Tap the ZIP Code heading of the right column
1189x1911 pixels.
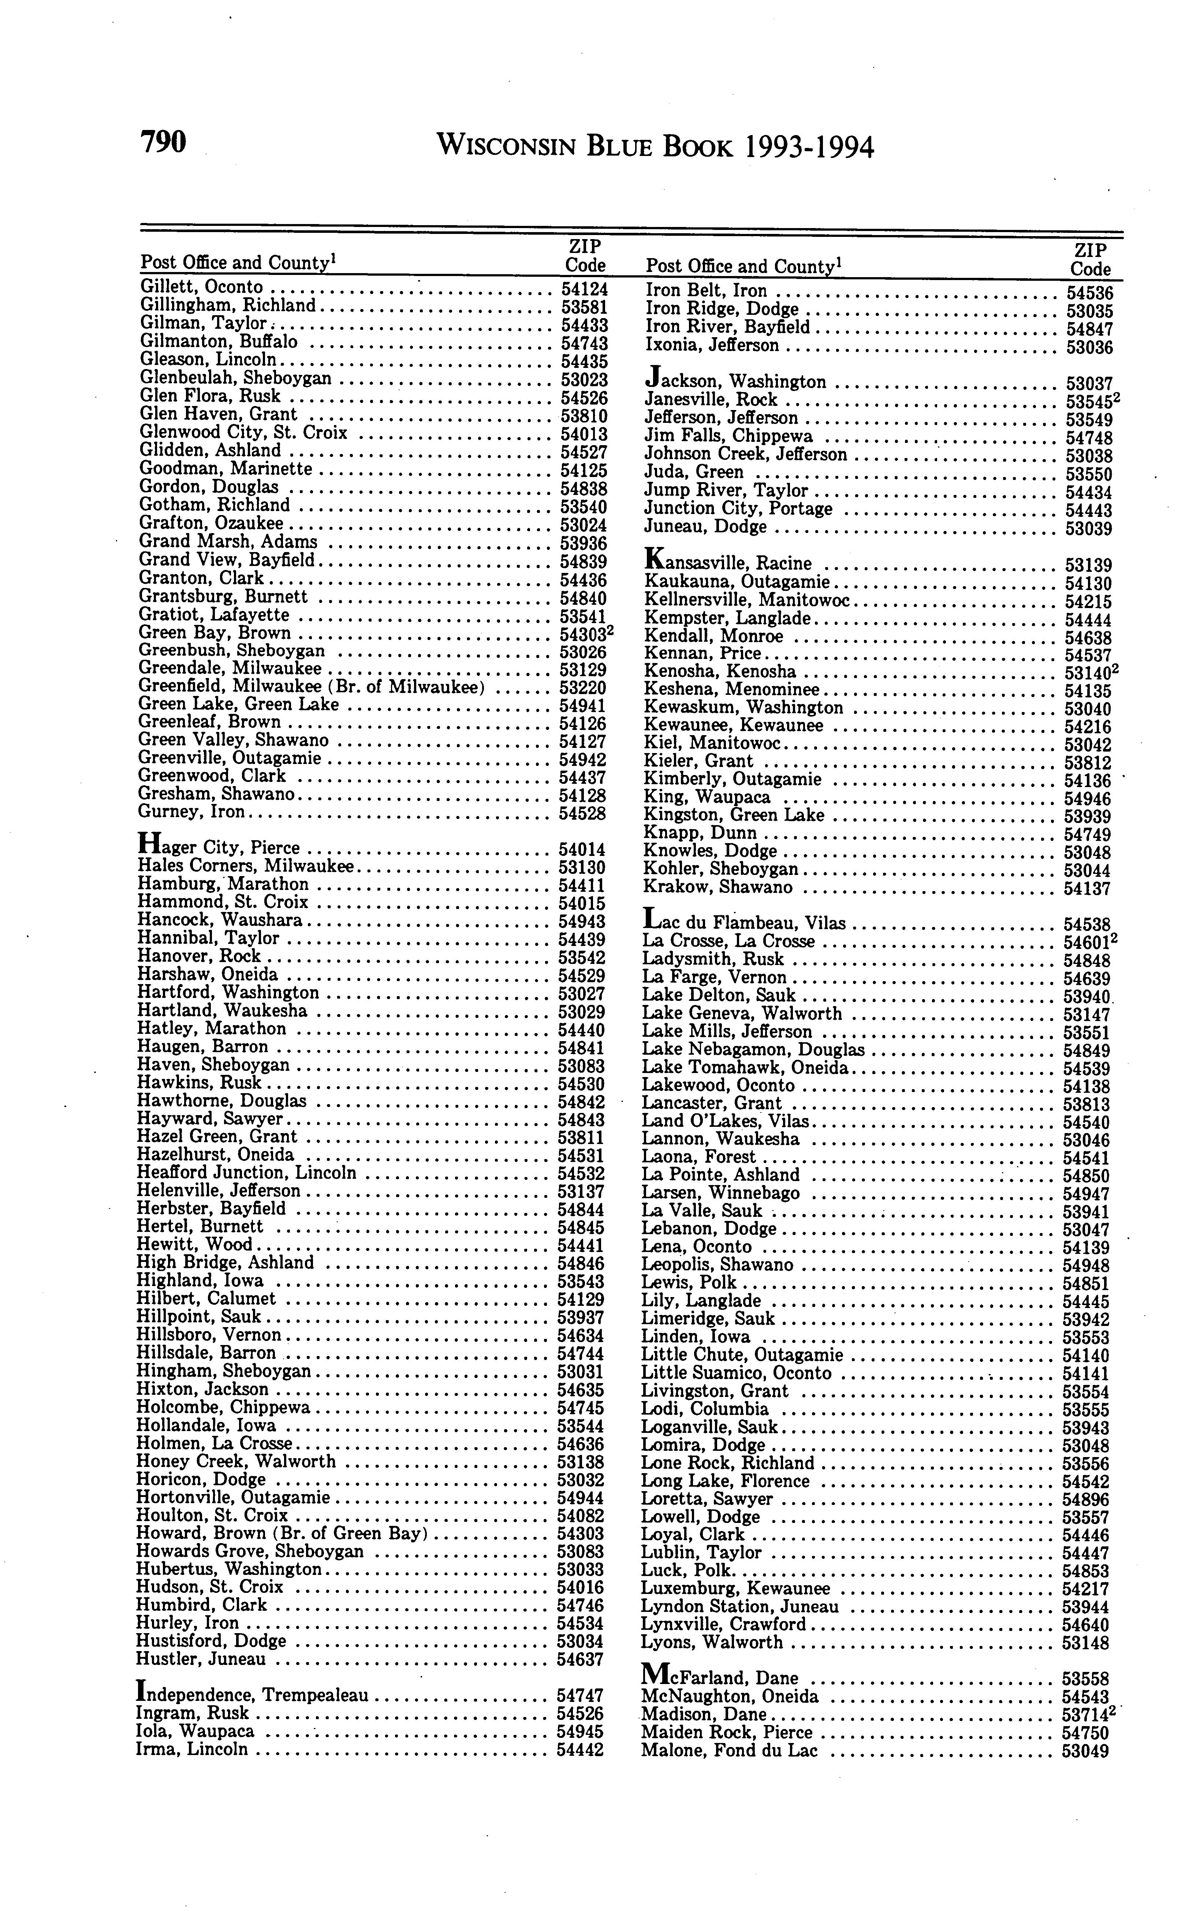(1091, 260)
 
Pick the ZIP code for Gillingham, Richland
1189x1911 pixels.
(584, 306)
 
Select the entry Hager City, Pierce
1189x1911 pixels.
(219, 847)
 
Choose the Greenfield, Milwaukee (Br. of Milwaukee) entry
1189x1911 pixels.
(311, 687)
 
